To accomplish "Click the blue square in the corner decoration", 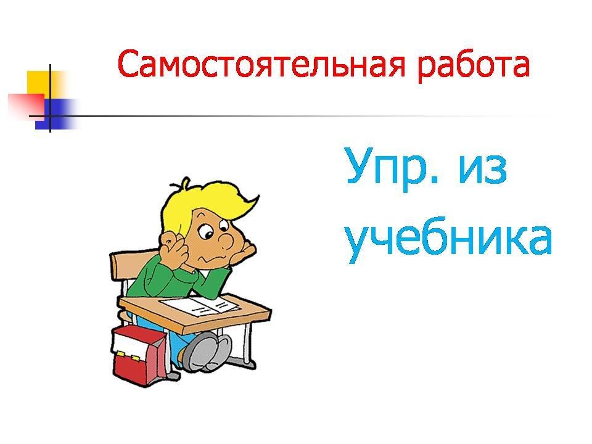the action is tap(57, 114).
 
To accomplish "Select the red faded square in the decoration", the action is tap(27, 105).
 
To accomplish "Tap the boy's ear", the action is tap(170, 240).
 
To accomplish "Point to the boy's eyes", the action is tap(215, 229).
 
